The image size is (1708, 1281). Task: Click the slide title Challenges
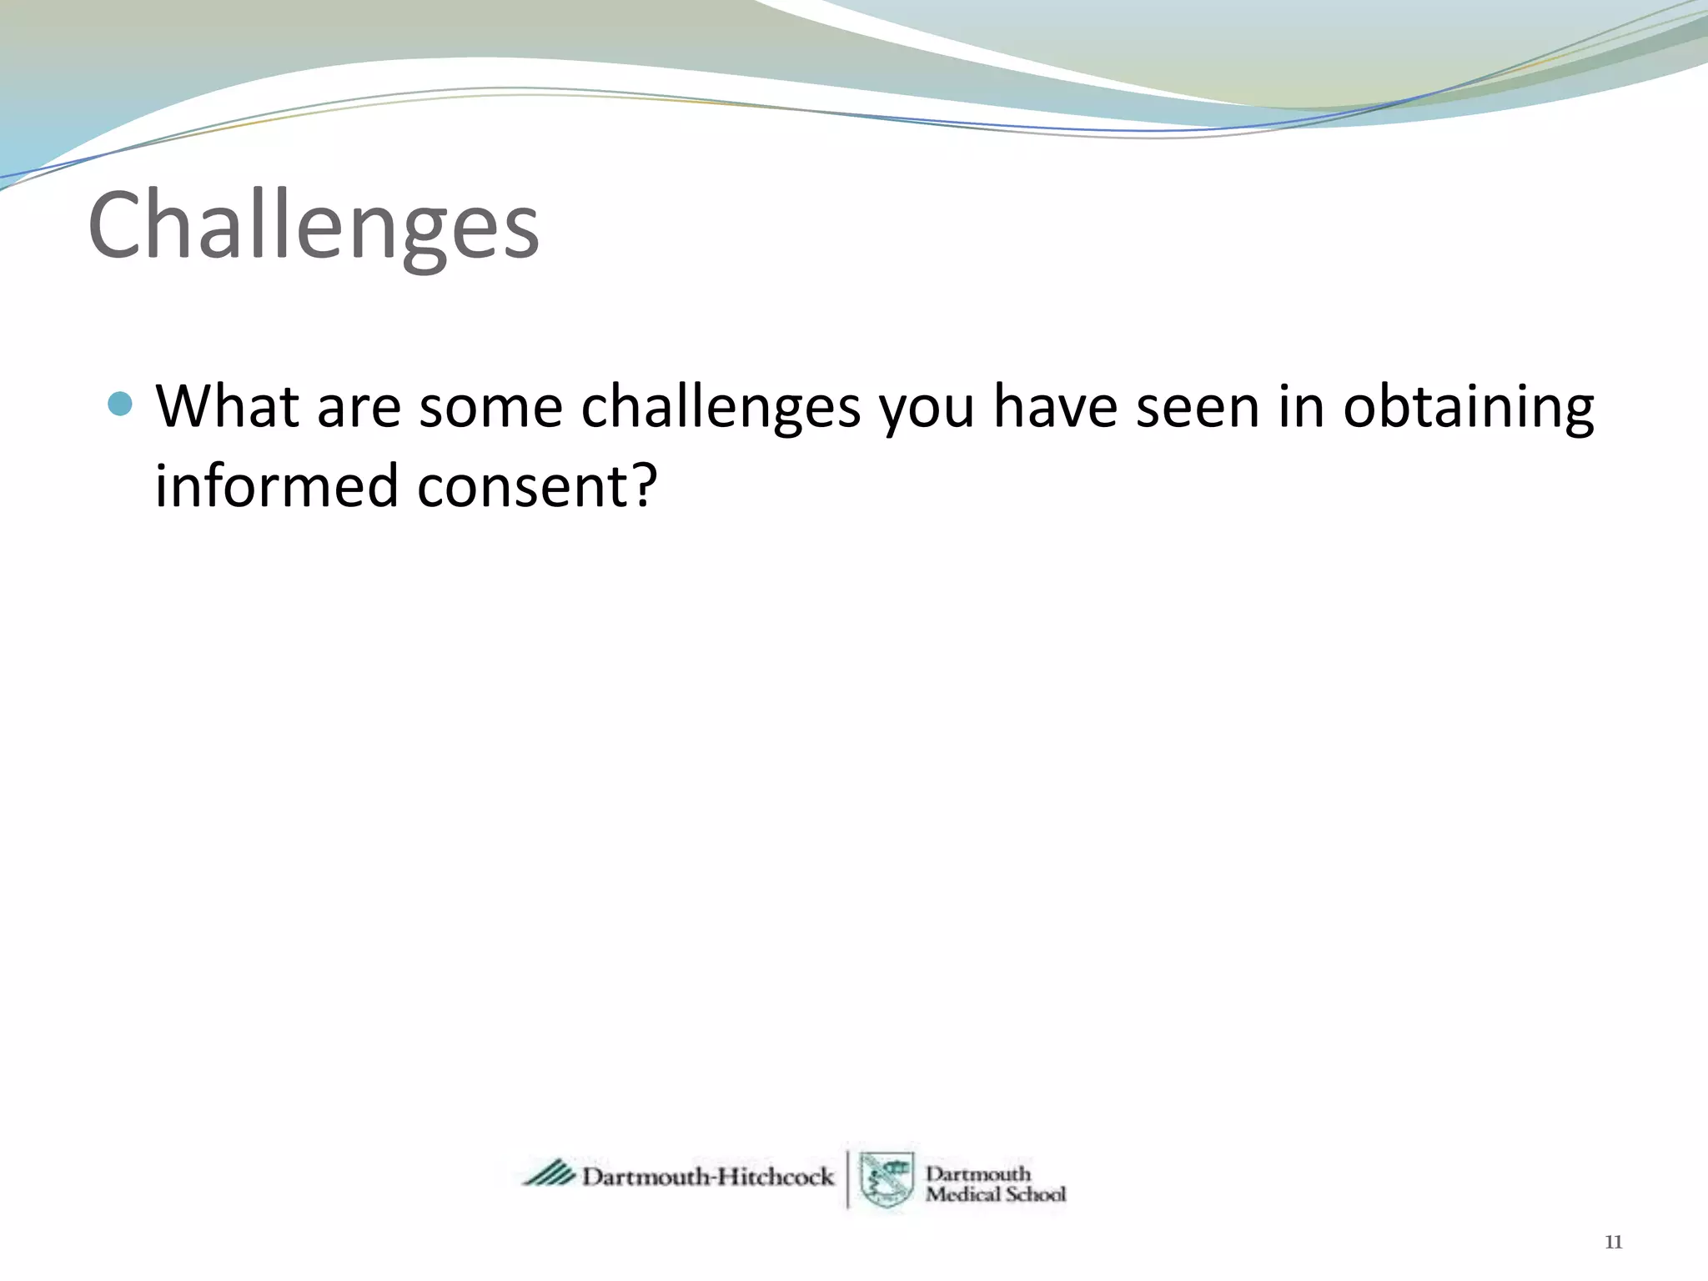(314, 225)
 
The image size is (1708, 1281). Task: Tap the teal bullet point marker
(120, 404)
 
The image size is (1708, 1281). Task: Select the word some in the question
(490, 408)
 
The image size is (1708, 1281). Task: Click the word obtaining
(1468, 408)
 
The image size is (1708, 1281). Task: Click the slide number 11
(1613, 1243)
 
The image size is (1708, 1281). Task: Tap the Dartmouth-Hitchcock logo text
(707, 1177)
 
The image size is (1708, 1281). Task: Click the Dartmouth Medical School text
(994, 1183)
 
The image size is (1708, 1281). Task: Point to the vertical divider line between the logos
(848, 1178)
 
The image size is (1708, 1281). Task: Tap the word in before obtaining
(1301, 406)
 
